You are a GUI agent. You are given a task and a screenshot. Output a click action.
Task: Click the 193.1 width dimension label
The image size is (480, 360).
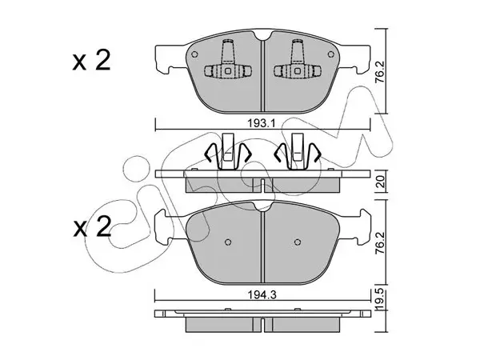pyautogui.click(x=262, y=124)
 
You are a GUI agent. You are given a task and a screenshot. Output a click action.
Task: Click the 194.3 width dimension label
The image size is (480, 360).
pyautogui.click(x=262, y=294)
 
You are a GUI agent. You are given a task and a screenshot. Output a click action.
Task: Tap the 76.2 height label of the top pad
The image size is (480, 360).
pyautogui.click(x=379, y=71)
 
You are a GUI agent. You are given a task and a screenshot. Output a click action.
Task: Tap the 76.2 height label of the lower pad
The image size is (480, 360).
pyautogui.click(x=379, y=242)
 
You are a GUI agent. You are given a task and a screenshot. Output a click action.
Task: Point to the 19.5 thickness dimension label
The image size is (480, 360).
pyautogui.click(x=379, y=301)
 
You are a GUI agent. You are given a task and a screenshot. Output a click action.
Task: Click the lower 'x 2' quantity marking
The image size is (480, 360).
pyautogui.click(x=92, y=227)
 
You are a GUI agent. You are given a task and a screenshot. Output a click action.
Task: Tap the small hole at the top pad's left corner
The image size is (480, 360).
pyautogui.click(x=194, y=54)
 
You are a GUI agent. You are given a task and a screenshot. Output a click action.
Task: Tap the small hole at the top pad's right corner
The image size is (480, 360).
pyautogui.click(x=330, y=54)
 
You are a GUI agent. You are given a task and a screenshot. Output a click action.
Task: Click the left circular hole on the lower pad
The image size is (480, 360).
pyautogui.click(x=227, y=242)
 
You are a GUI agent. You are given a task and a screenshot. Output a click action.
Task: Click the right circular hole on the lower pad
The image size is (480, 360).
pyautogui.click(x=298, y=242)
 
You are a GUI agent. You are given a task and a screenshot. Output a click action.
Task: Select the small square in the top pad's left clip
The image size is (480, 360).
pyautogui.click(x=227, y=70)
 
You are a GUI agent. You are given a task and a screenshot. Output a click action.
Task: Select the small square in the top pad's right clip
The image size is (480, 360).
pyautogui.click(x=298, y=70)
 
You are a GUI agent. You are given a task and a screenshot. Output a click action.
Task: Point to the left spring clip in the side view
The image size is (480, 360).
pyautogui.click(x=227, y=151)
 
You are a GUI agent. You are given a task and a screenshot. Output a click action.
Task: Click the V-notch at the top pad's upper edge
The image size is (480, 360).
pyautogui.click(x=262, y=36)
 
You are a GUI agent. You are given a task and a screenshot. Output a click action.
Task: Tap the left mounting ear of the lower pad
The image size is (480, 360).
pyautogui.click(x=162, y=226)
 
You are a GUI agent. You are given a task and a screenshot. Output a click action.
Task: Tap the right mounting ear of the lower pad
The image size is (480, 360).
pyautogui.click(x=364, y=226)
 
